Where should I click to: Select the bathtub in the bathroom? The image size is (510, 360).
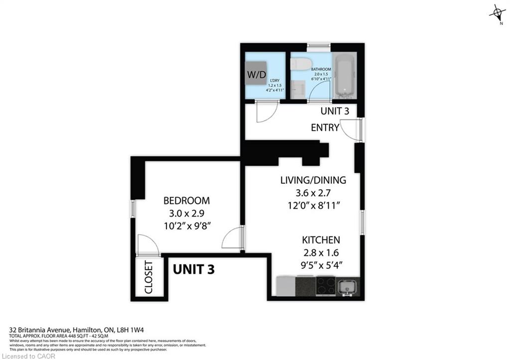(344, 75)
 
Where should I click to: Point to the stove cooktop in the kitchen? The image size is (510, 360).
(326, 285)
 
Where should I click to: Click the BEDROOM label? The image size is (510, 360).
(187, 201)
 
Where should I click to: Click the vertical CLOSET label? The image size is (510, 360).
(148, 278)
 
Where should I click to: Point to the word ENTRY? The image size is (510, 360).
(325, 127)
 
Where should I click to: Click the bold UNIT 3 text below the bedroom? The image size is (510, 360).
(194, 269)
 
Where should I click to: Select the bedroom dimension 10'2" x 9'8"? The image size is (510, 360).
(187, 225)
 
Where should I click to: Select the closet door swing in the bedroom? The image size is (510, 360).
(147, 245)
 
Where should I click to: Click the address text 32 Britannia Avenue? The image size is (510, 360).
(42, 330)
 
